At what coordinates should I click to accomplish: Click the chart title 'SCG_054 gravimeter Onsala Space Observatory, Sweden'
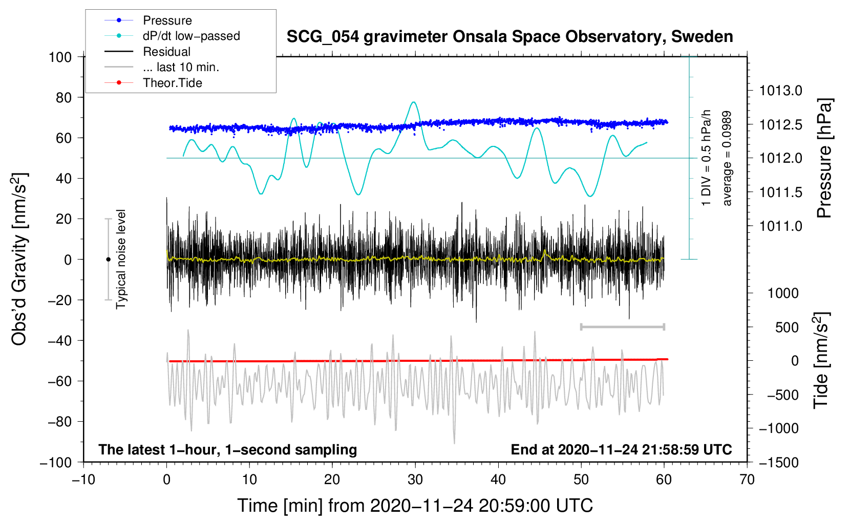click(509, 37)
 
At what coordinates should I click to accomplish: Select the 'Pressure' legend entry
click(167, 20)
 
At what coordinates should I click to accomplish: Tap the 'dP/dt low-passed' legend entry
click(191, 36)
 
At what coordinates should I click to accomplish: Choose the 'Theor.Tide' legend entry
click(172, 83)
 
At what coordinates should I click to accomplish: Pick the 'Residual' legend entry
click(166, 52)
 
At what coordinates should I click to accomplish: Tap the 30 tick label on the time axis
click(415, 480)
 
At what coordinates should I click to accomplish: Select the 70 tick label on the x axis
click(747, 480)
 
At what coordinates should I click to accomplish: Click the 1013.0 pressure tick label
click(781, 91)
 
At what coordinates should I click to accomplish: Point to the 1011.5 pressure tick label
click(781, 192)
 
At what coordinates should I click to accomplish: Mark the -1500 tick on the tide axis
click(779, 462)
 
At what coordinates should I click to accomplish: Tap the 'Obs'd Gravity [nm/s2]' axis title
click(19, 259)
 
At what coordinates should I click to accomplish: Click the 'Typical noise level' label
click(121, 259)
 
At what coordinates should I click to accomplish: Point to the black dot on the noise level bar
click(108, 259)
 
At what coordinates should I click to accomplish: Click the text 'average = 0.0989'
click(727, 159)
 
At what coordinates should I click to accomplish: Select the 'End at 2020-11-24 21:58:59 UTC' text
click(621, 449)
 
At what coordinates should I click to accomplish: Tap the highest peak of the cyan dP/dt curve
click(414, 102)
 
